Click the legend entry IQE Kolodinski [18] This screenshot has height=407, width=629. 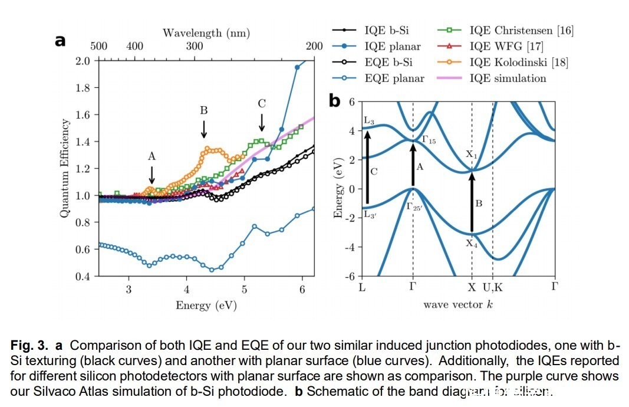(519, 62)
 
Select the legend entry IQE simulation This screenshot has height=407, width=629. (508, 78)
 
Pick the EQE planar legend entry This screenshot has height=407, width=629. (394, 78)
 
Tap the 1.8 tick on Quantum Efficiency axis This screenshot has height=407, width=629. (84, 88)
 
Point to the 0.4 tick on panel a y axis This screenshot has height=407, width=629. (84, 276)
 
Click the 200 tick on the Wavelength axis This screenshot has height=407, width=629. (315, 47)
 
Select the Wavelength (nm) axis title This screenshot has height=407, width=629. (206, 33)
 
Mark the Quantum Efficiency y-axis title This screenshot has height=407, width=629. (64, 168)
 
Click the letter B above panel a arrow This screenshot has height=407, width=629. (204, 110)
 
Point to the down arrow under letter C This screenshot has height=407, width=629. (262, 122)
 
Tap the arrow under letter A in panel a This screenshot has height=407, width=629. (152, 175)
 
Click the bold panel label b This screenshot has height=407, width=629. (335, 101)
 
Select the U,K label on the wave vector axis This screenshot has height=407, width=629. (493, 287)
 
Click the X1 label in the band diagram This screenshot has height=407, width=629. (470, 155)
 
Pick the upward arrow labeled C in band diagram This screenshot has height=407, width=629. (367, 168)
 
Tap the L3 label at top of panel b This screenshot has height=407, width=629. (369, 120)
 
